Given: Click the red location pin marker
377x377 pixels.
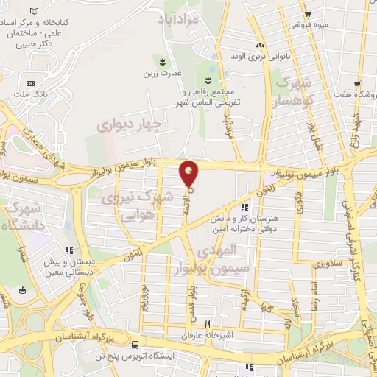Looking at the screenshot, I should [x=189, y=174].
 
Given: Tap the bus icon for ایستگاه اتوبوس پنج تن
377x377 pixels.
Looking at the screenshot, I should [x=135, y=344].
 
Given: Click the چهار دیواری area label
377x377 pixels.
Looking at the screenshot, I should [x=129, y=125].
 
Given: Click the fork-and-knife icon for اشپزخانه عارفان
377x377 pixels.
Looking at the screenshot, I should [x=208, y=325].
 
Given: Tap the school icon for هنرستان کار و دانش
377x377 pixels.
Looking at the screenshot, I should [x=245, y=208].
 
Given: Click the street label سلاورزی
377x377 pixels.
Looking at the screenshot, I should [x=328, y=263].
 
